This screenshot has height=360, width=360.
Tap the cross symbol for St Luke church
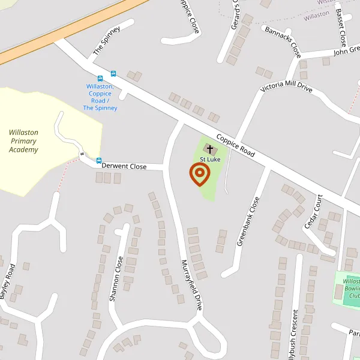click(x=209, y=148)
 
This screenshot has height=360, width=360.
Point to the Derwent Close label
click(x=124, y=166)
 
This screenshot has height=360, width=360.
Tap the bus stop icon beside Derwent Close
click(x=99, y=160)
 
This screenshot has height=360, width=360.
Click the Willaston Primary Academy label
click(x=23, y=141)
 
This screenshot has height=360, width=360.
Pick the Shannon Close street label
click(x=116, y=278)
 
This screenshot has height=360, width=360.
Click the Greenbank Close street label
click(x=248, y=221)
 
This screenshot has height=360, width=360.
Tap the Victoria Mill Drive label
click(x=286, y=88)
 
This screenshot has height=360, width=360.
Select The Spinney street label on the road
click(x=106, y=41)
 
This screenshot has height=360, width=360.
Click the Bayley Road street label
click(x=7, y=282)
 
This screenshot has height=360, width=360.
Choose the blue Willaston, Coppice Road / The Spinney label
click(x=100, y=97)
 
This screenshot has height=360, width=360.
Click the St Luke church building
click(x=210, y=148)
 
